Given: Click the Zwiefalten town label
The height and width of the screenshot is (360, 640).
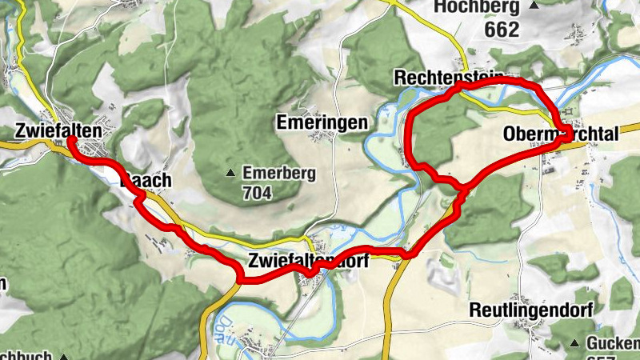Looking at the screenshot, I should [58, 130].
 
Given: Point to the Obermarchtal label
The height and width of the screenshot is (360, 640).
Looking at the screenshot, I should [561, 135].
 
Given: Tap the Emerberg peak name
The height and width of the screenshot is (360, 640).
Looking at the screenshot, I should [279, 173].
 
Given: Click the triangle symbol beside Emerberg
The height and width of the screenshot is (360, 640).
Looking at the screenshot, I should [231, 173].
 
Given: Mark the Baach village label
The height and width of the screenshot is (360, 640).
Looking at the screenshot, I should [146, 181].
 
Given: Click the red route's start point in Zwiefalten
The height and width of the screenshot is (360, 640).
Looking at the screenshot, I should [70, 140].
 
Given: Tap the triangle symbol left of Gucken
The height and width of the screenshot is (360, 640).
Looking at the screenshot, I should [574, 343].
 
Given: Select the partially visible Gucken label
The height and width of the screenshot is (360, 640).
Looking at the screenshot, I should [614, 343].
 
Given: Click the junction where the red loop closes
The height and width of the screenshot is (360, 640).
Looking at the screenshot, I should [462, 189].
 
